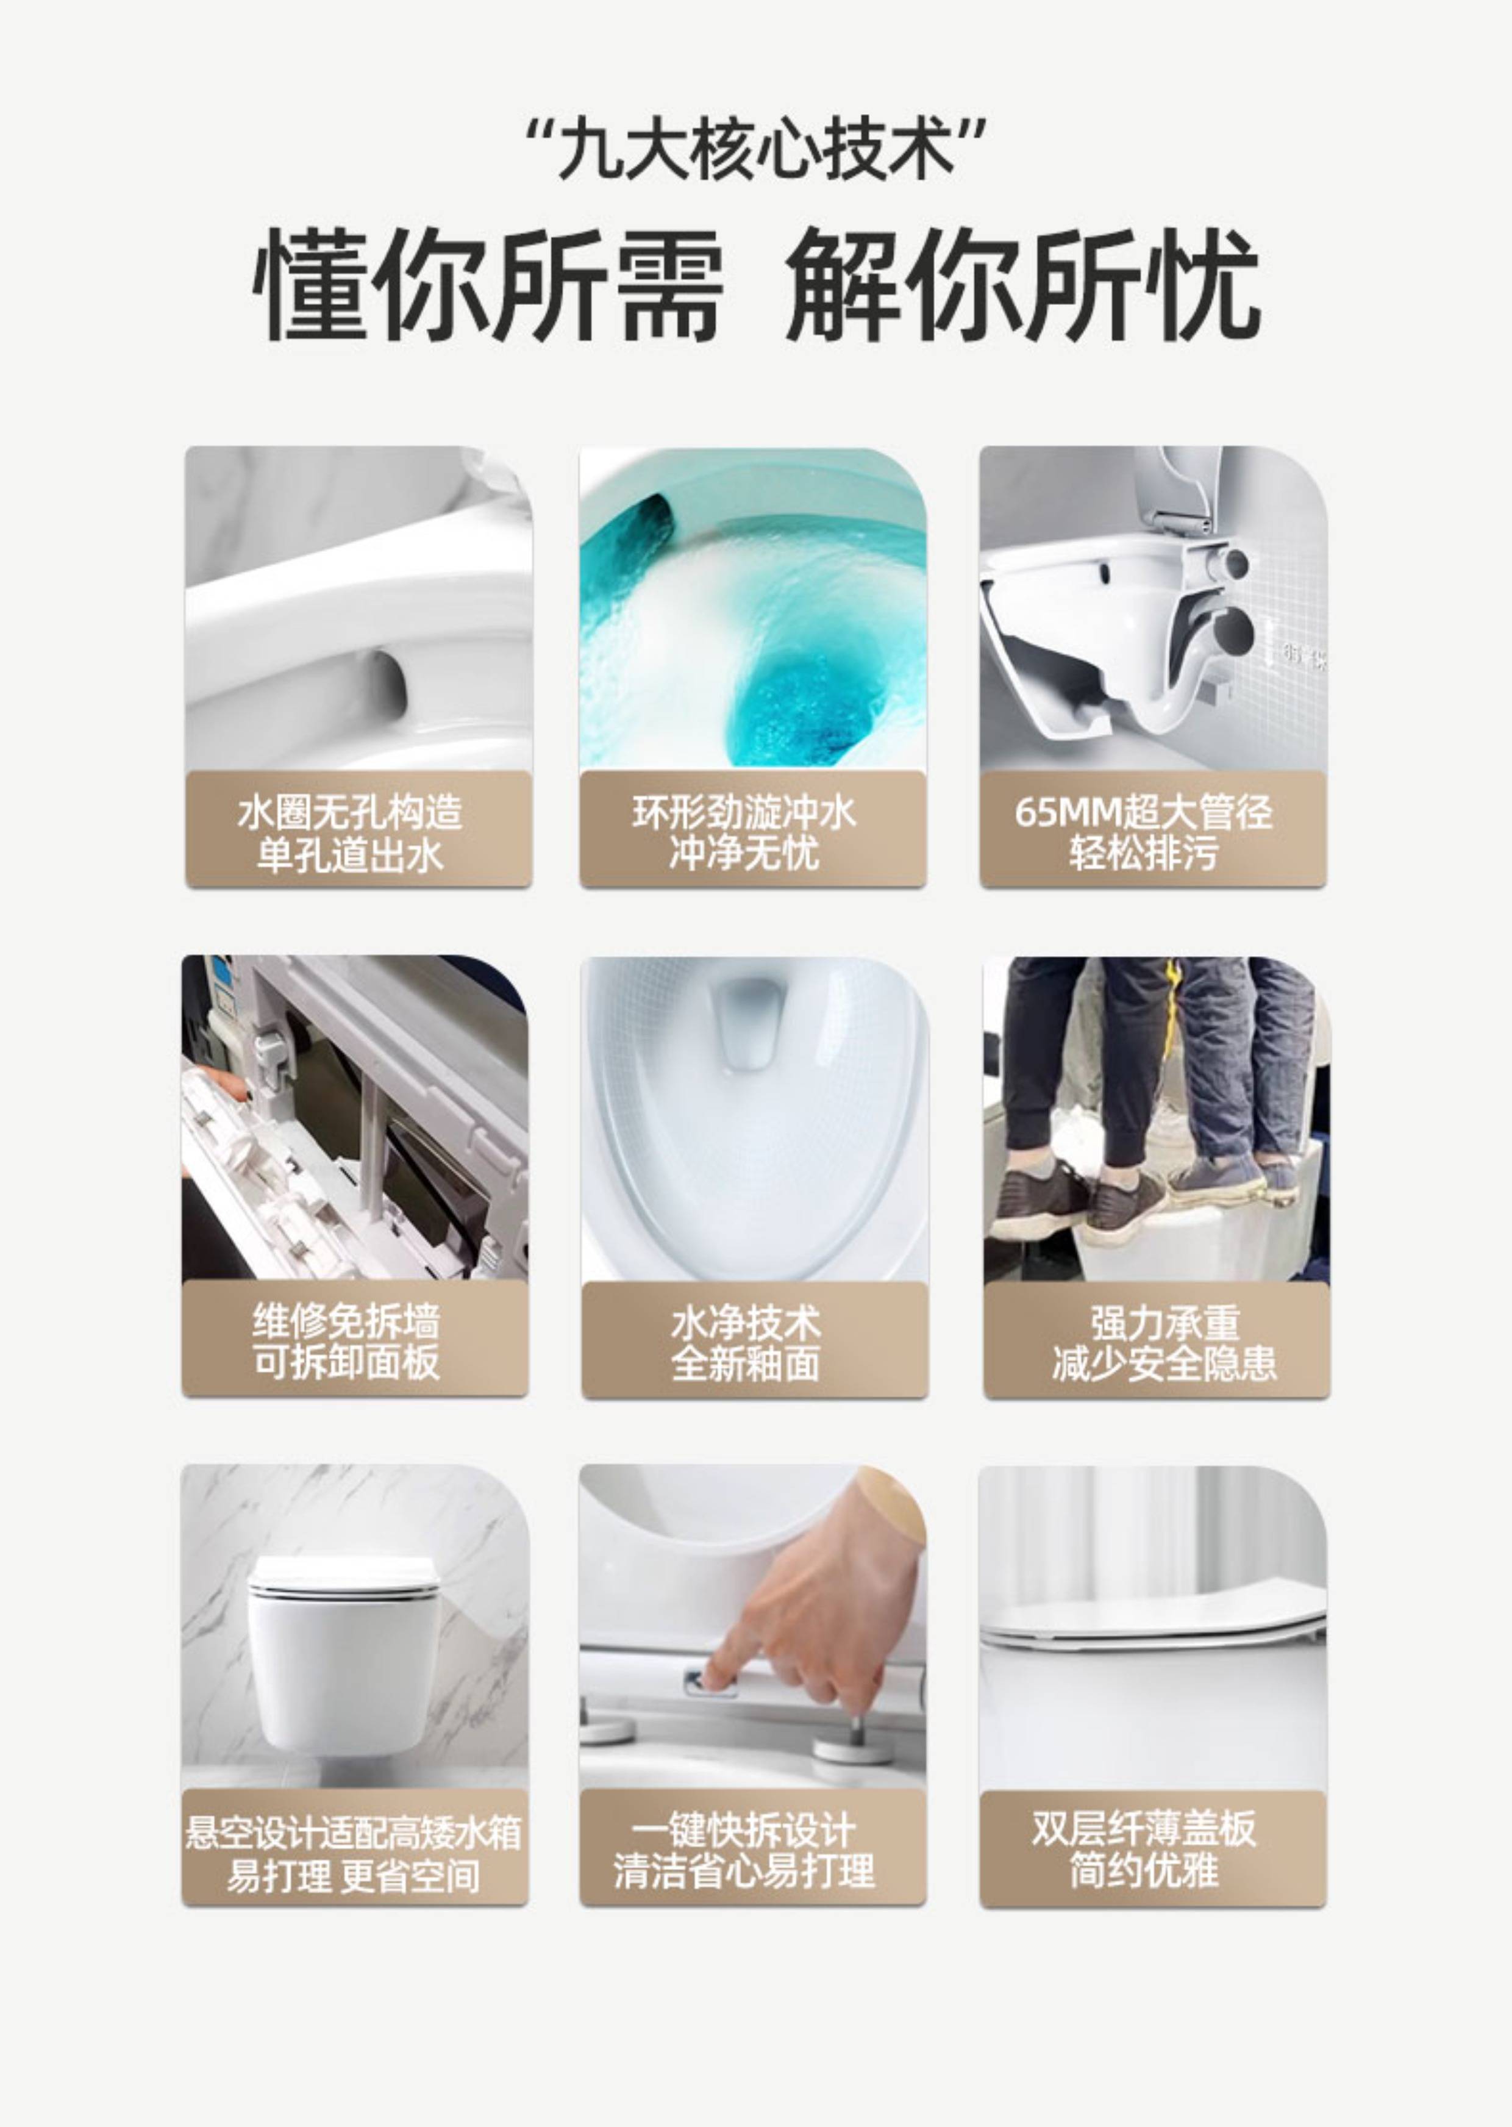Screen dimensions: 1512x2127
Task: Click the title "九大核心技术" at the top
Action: pyautogui.click(x=756, y=149)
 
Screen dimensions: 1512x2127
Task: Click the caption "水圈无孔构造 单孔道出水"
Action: pyautogui.click(x=350, y=834)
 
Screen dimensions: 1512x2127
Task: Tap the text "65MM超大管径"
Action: pyautogui.click(x=1143, y=812)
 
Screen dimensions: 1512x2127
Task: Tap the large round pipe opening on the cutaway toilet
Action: pyautogui.click(x=1236, y=631)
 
